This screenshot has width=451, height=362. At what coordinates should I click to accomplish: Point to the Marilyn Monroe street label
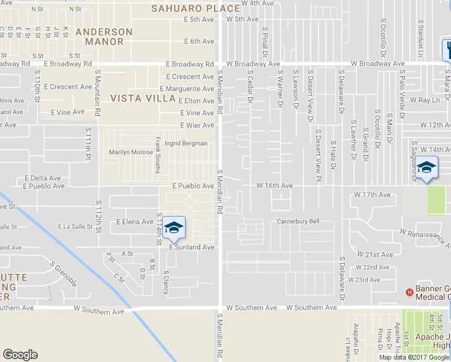(131, 152)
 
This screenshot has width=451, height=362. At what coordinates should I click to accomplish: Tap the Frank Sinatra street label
(158, 155)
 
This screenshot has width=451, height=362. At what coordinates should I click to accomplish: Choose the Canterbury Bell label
(298, 221)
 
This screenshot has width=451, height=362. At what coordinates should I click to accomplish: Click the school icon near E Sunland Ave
(174, 227)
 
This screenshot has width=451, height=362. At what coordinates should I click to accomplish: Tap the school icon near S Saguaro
(426, 167)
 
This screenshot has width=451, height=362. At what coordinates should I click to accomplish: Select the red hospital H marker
(410, 293)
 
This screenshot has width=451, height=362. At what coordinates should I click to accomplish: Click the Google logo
(20, 355)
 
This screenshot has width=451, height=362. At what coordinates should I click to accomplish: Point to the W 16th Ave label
(274, 186)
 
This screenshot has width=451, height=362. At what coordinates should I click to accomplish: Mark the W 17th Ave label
(373, 195)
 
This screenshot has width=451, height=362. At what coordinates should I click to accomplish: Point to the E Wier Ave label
(197, 125)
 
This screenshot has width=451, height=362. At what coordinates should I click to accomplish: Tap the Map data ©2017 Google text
(414, 357)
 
